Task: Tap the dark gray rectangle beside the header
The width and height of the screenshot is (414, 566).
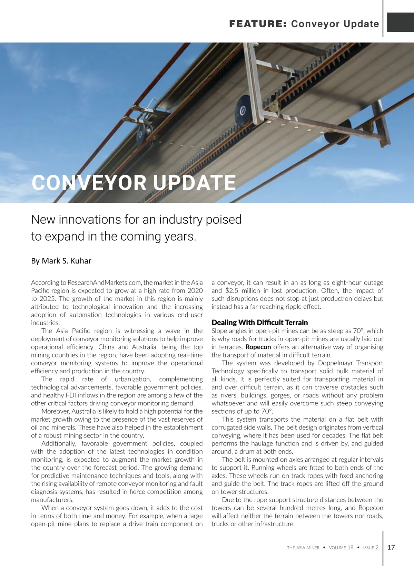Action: click(400, 22)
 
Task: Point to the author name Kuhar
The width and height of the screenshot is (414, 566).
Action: click(81, 261)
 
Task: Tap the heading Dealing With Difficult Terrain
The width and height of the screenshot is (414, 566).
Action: click(259, 323)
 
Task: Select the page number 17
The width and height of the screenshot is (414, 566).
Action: click(391, 547)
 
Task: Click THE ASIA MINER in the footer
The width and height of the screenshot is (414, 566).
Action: click(303, 547)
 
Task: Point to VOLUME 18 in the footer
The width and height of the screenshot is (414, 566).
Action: click(341, 547)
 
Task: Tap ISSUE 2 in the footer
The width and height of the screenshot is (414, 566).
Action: click(371, 547)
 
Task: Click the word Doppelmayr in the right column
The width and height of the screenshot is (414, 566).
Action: click(336, 363)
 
